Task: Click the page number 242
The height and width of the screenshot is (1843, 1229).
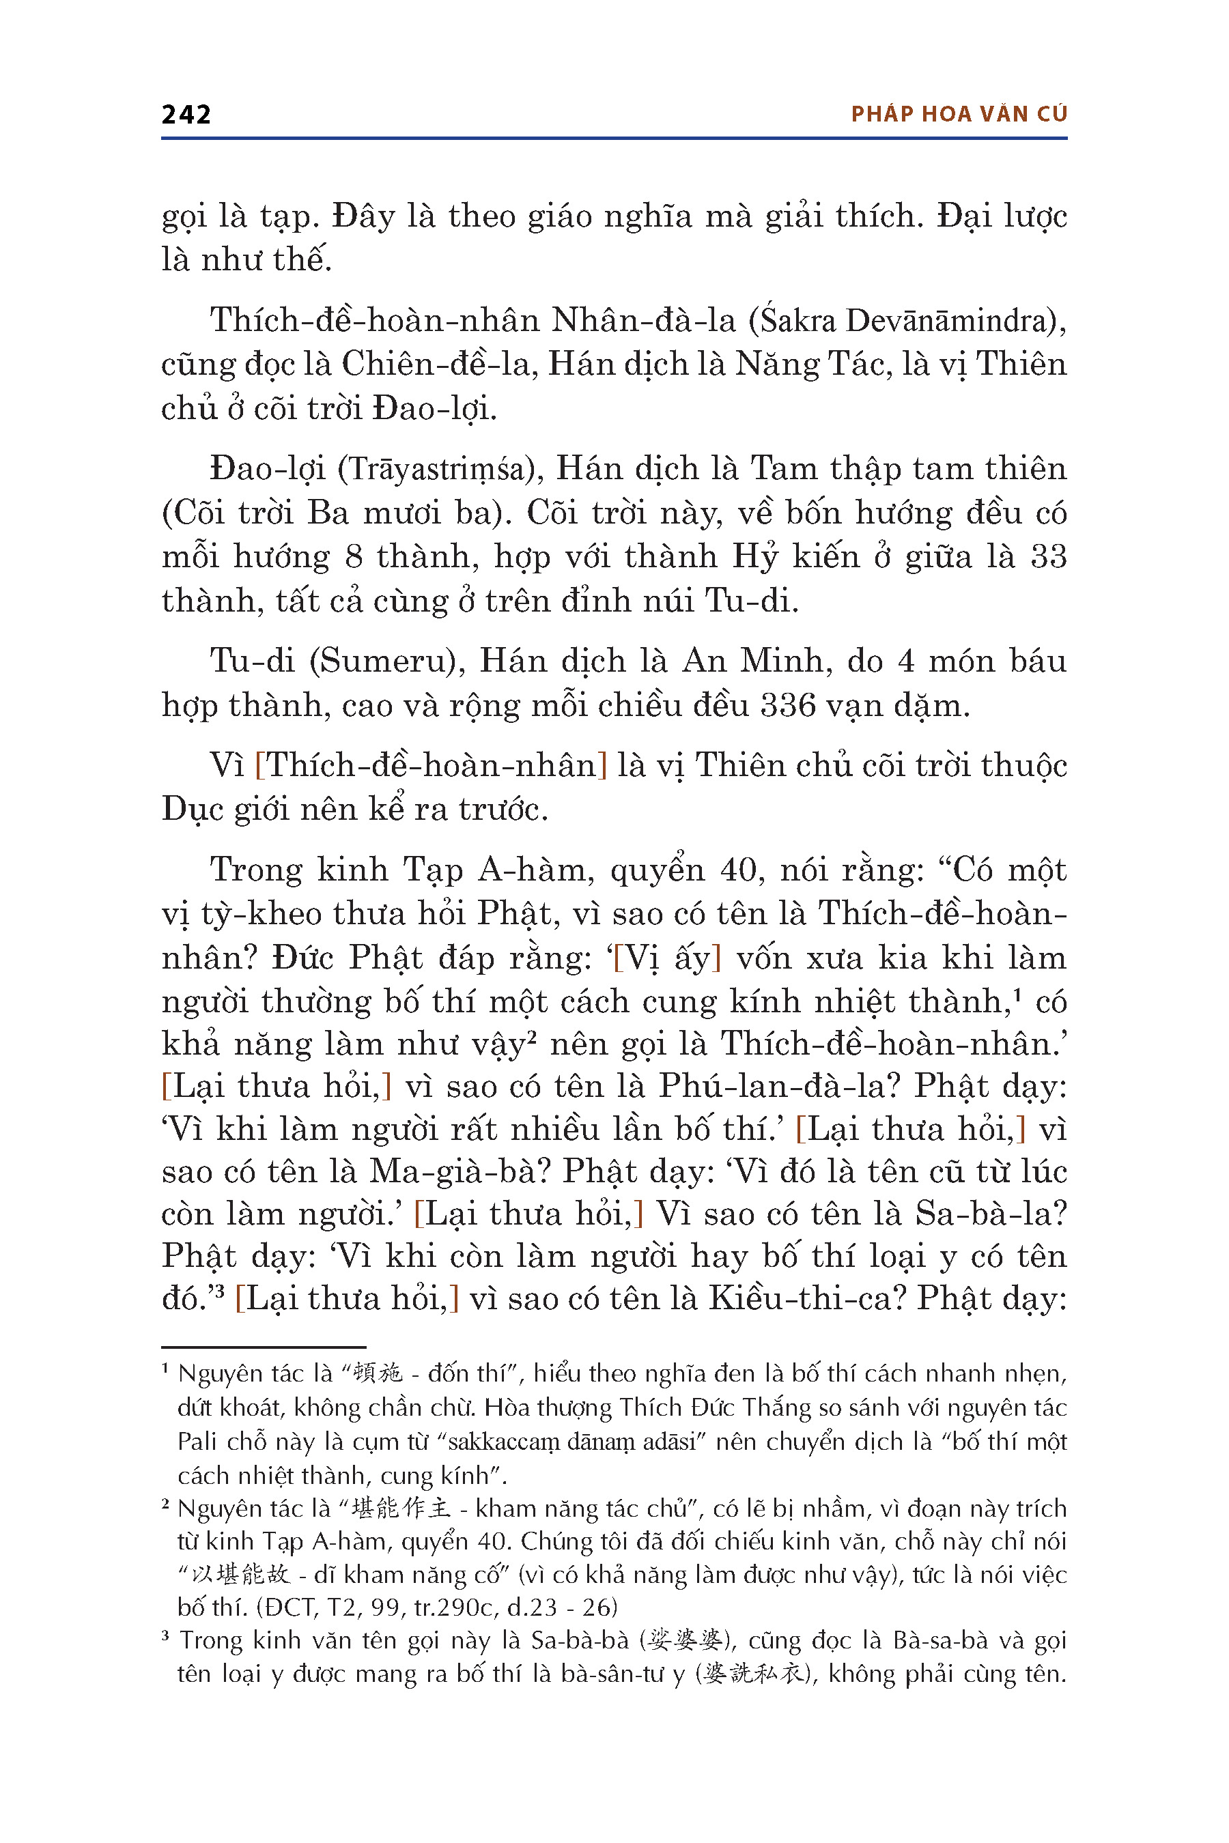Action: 186,115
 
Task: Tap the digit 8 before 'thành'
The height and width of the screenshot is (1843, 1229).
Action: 354,557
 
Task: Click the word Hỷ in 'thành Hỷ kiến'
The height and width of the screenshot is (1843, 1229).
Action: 754,557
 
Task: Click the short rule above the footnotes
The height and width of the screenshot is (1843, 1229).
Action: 264,1346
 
